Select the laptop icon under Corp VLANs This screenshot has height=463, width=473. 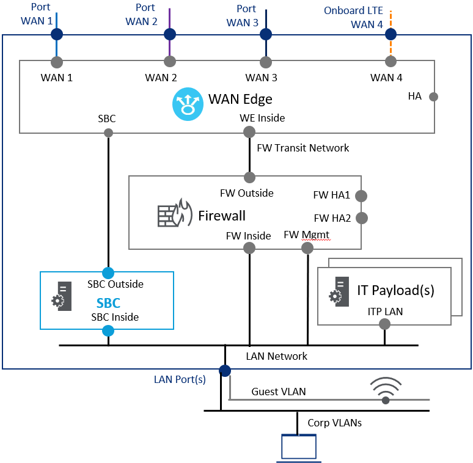tap(298, 447)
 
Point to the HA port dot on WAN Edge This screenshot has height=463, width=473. tap(433, 97)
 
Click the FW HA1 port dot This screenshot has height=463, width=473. tap(361, 196)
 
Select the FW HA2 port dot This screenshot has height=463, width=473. tap(361, 217)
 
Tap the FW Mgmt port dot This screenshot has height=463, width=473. tap(307, 248)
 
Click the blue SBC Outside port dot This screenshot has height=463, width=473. tap(108, 272)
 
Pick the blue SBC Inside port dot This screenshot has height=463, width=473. tap(108, 331)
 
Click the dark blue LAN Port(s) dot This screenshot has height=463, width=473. tap(225, 370)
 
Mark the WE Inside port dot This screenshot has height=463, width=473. tap(249, 132)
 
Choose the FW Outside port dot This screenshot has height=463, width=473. tap(249, 177)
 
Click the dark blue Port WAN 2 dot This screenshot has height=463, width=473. tap(170, 34)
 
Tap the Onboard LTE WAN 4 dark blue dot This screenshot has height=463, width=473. tap(391, 34)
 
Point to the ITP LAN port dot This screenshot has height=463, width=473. tap(384, 324)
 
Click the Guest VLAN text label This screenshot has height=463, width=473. tap(279, 392)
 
